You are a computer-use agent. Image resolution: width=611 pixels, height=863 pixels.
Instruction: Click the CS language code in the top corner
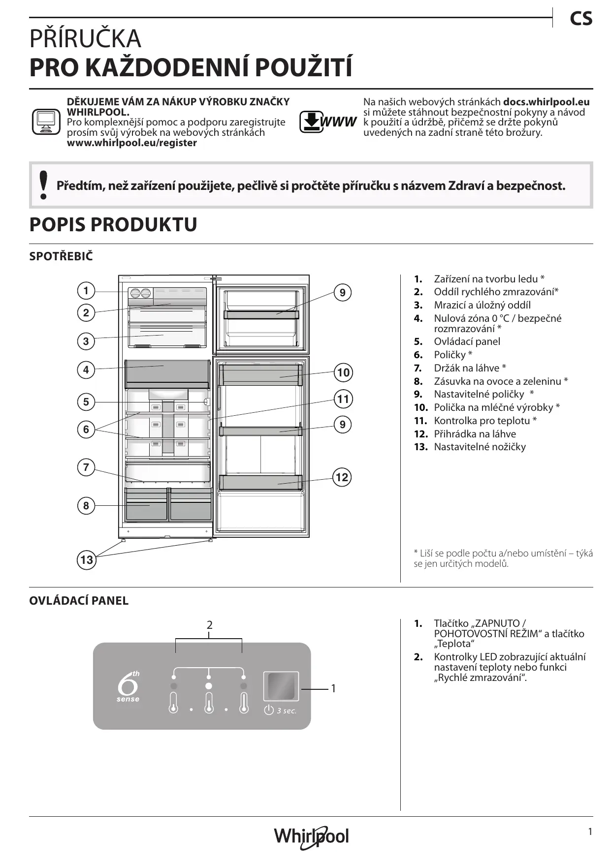pyautogui.click(x=581, y=19)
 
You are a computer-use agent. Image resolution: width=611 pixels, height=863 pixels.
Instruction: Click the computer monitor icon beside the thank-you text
pyautogui.click(x=46, y=122)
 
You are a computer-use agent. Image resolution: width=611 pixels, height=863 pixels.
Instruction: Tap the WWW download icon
pyautogui.click(x=327, y=122)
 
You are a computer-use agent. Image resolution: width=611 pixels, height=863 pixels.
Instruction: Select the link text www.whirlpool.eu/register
pyautogui.click(x=131, y=143)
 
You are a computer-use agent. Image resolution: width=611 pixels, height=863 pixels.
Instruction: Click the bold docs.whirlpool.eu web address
pyautogui.click(x=546, y=102)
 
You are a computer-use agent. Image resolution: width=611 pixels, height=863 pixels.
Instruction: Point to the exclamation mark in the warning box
pyautogui.click(x=44, y=185)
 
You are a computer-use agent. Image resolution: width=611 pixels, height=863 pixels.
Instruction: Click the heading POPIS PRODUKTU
pyautogui.click(x=113, y=224)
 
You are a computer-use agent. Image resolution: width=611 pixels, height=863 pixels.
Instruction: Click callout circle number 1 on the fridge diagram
pyautogui.click(x=86, y=291)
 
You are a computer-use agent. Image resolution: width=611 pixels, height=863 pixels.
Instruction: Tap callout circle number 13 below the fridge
pyautogui.click(x=86, y=560)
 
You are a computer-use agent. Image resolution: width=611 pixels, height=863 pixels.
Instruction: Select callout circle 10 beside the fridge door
pyautogui.click(x=343, y=372)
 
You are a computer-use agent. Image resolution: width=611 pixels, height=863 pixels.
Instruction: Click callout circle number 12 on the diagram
pyautogui.click(x=342, y=477)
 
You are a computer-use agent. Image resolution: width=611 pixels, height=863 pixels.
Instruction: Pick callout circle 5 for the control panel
pyautogui.click(x=86, y=402)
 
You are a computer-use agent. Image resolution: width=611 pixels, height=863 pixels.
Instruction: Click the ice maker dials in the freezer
pyautogui.click(x=140, y=293)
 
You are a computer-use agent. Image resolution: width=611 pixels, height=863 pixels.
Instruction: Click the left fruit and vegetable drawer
pyautogui.click(x=146, y=506)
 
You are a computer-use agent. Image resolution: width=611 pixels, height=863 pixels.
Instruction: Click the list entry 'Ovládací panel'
pyautogui.click(x=467, y=341)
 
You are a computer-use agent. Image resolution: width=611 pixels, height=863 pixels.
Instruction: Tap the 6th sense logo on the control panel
pyautogui.click(x=128, y=686)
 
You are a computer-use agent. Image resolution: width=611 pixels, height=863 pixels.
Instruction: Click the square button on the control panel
pyautogui.click(x=281, y=686)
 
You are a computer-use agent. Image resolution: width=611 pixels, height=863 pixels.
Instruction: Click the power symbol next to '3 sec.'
pyautogui.click(x=269, y=710)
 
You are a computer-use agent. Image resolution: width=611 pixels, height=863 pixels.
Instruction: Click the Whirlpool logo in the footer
pyautogui.click(x=311, y=837)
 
